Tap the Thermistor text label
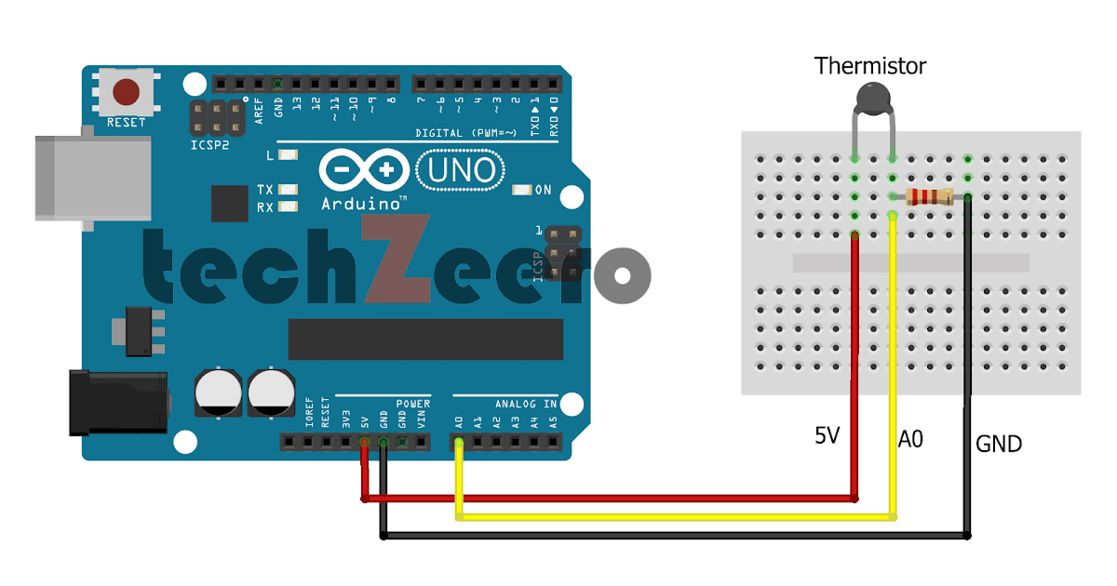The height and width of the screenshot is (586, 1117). (870, 66)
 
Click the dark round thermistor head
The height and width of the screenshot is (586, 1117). (872, 96)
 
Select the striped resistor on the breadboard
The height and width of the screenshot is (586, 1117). (929, 196)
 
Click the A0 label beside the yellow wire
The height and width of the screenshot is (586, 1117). (910, 439)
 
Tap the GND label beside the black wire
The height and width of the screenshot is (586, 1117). (999, 445)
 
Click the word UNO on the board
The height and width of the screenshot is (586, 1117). (463, 171)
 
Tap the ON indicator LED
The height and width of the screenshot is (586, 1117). (520, 190)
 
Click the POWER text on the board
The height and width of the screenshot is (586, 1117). (413, 404)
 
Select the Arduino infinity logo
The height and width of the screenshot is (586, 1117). (364, 171)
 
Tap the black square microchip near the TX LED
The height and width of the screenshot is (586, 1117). (229, 203)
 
